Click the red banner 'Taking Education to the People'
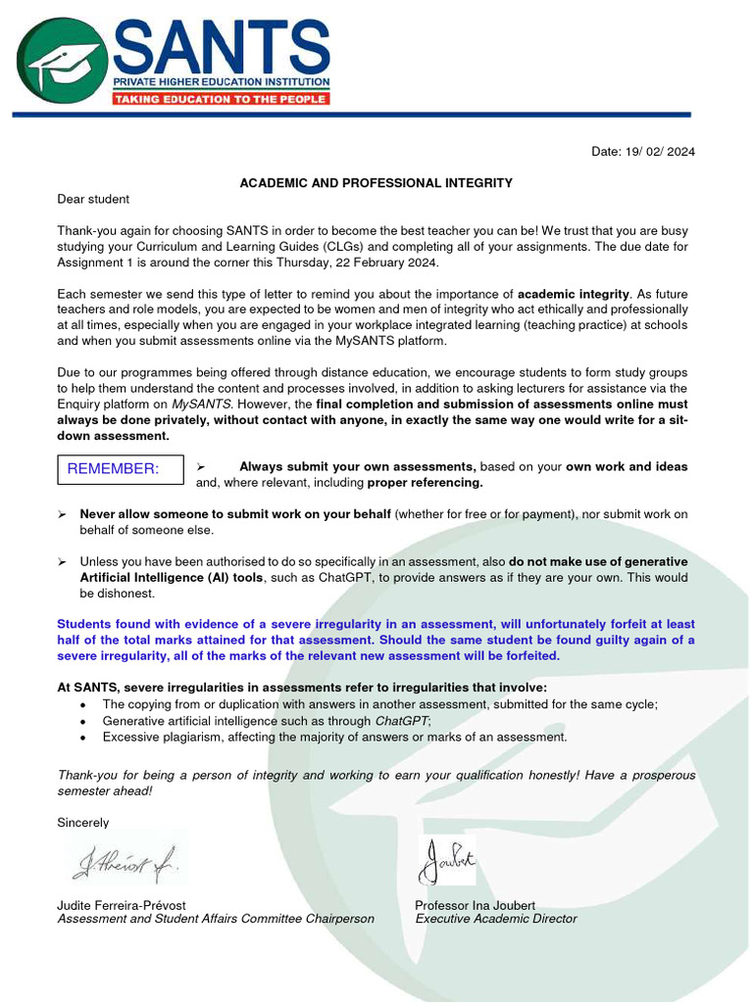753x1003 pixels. click(221, 99)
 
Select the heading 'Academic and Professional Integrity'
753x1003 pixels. click(376, 183)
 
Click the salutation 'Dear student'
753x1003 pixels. click(93, 200)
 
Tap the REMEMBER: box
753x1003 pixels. click(120, 469)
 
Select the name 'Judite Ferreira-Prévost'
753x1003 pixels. click(122, 905)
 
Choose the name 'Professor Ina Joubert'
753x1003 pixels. click(475, 905)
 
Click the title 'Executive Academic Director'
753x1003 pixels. click(496, 919)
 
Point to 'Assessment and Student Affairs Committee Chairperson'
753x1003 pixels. click(216, 919)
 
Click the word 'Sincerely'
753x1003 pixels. click(83, 823)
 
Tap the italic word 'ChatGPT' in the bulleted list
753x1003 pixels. click(403, 721)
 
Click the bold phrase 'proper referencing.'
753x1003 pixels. click(425, 483)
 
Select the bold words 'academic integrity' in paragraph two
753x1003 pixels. click(574, 294)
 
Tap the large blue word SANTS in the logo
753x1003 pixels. click(222, 43)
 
